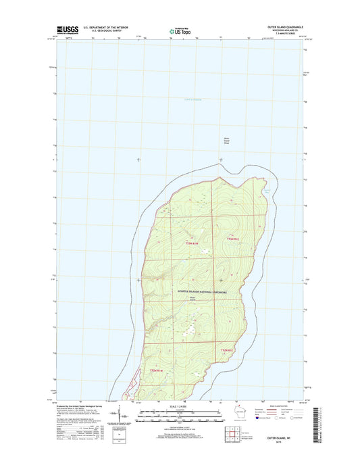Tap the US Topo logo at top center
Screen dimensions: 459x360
point(179,30)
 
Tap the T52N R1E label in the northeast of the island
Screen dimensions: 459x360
point(233,239)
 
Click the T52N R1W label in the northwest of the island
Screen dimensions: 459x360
point(192,243)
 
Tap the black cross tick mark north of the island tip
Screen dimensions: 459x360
point(220,160)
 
